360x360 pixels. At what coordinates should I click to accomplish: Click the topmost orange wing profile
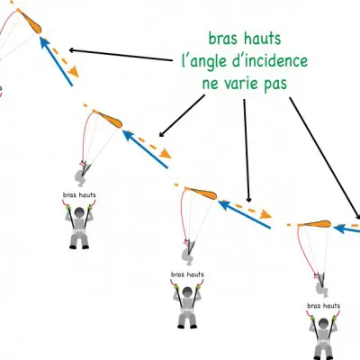(x=31, y=22)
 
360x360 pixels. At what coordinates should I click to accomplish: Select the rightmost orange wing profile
(x=315, y=224)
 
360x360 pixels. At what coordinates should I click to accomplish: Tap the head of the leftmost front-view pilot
(x=79, y=212)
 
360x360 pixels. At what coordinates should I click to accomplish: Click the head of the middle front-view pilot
(x=187, y=292)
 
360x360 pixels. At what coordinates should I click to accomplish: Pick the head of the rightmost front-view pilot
(x=323, y=323)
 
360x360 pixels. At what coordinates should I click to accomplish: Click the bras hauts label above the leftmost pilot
(x=79, y=195)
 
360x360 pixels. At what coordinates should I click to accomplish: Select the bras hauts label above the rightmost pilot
(x=324, y=306)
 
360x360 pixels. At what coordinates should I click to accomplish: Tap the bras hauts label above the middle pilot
(x=187, y=274)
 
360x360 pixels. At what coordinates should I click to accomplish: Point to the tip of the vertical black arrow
(x=248, y=202)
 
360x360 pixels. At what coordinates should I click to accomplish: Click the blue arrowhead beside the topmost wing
(x=44, y=41)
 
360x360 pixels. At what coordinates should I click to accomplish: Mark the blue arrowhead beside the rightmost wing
(x=337, y=229)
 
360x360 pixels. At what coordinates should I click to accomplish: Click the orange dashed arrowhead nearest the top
(x=74, y=72)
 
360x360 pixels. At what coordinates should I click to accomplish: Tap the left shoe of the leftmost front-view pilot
(x=73, y=247)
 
